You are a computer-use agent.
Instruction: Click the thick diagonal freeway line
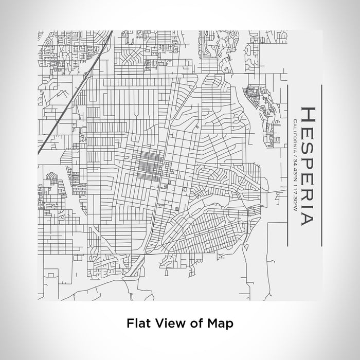(x=57, y=118)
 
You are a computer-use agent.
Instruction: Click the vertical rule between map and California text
(x=286, y=165)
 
